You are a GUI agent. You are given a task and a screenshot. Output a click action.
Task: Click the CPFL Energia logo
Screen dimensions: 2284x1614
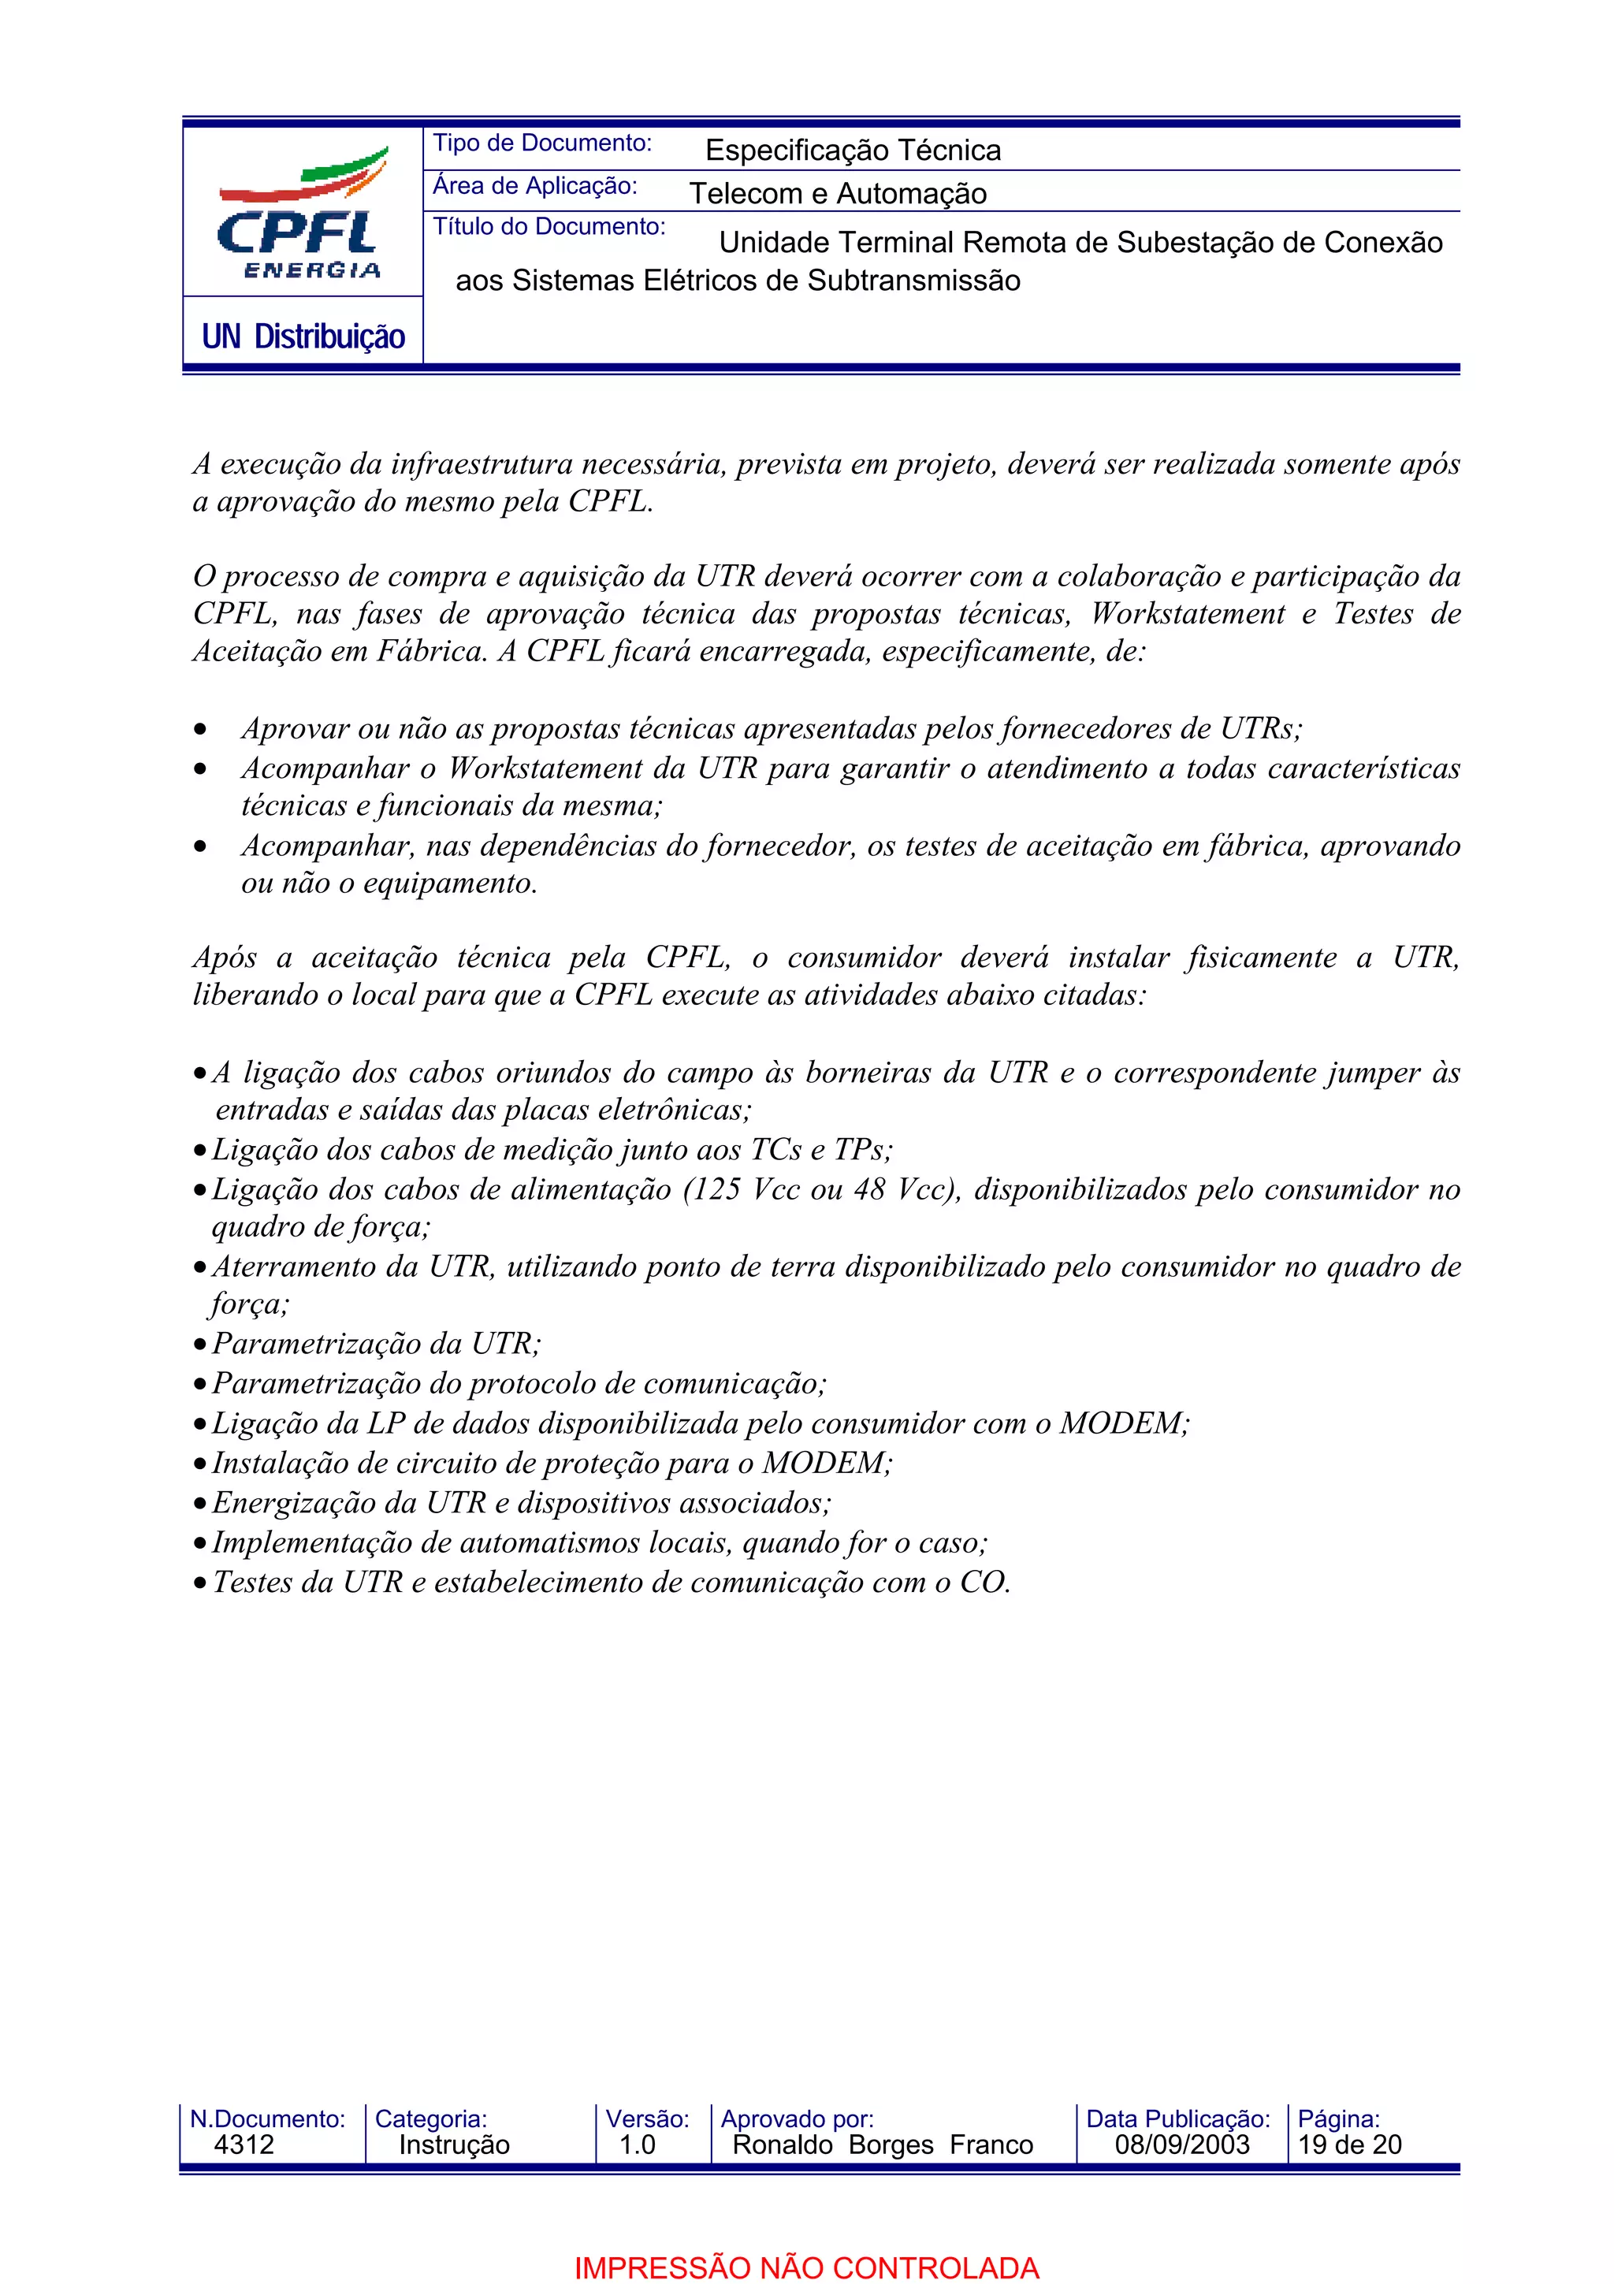(301, 214)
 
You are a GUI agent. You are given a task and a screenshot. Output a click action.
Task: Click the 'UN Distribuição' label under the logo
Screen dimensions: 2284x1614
(303, 337)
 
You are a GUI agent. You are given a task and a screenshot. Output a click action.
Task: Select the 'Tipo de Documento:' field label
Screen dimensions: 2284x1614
(542, 143)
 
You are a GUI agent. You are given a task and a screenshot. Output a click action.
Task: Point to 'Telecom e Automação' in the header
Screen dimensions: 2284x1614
(837, 193)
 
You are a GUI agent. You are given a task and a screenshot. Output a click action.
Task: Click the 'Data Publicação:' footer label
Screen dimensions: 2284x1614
(1177, 2118)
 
